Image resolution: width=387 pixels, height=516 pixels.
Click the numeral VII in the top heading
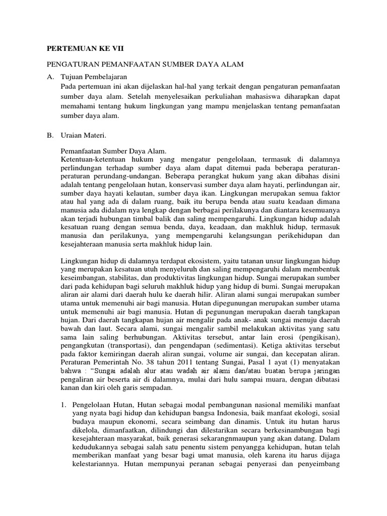coord(116,49)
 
